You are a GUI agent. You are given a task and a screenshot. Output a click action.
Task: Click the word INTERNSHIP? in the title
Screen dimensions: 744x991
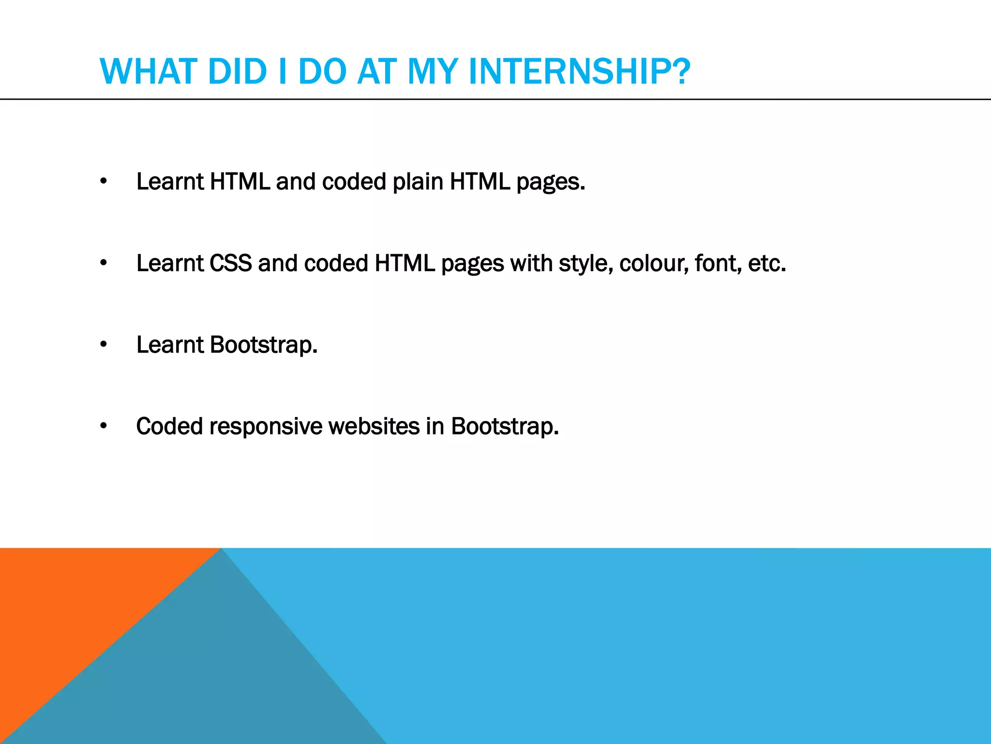(579, 72)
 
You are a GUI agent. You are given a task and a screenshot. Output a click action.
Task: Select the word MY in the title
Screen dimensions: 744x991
(432, 72)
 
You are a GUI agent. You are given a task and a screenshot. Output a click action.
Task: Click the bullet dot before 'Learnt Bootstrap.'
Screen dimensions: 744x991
(103, 345)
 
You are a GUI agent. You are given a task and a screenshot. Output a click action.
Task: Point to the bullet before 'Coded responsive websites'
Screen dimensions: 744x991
(103, 426)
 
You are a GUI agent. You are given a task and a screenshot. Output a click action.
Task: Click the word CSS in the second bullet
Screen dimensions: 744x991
(230, 263)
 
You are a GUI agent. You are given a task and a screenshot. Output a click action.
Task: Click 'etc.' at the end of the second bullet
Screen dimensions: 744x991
(766, 263)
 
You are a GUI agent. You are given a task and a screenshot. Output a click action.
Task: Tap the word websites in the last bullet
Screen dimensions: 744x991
(374, 426)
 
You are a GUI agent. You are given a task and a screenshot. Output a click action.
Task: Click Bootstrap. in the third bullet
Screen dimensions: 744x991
(264, 345)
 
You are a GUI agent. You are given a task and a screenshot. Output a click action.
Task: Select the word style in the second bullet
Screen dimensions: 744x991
(586, 264)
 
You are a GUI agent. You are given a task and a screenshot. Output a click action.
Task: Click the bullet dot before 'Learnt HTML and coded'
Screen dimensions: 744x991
(103, 182)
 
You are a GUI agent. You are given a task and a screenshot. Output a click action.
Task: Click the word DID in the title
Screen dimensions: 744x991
(237, 72)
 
